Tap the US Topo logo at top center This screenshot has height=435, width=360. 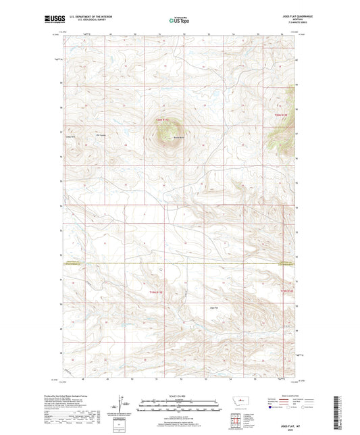[179, 20]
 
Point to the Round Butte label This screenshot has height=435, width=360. [178, 138]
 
